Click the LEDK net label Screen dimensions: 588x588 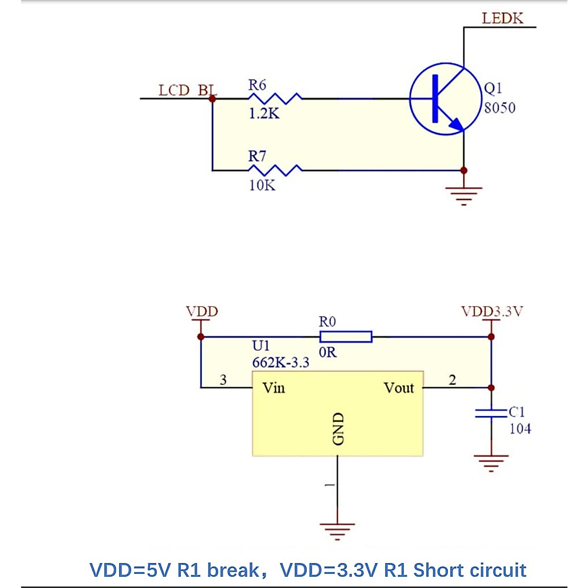(502, 19)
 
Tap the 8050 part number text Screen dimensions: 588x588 (499, 108)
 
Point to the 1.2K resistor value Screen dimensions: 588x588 (264, 114)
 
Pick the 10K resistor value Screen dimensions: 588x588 (262, 185)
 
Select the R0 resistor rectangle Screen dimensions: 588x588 (345, 337)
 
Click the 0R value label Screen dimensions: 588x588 (327, 352)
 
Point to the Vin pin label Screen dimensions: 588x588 (273, 388)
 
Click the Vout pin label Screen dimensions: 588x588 (399, 388)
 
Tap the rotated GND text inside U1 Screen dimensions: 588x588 (338, 429)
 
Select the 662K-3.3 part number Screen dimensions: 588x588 (281, 363)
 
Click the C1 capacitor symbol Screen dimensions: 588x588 (491, 413)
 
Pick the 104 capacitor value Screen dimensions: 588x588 (520, 429)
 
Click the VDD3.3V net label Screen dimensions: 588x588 (492, 312)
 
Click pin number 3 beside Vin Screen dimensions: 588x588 (223, 380)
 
